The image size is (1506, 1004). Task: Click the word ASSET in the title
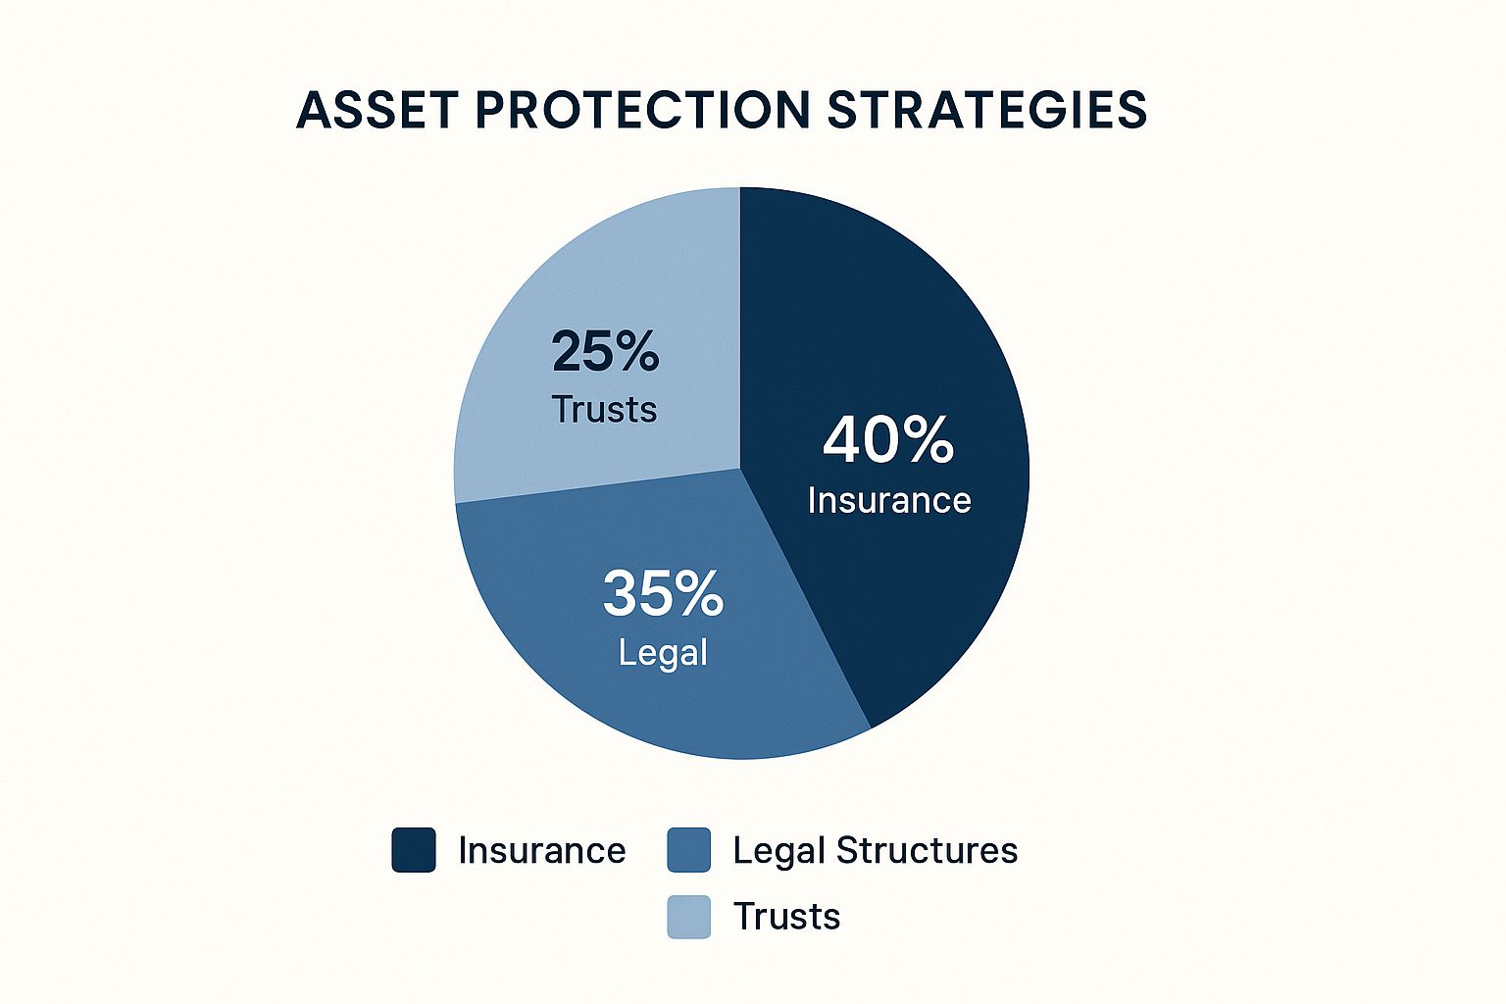[377, 110]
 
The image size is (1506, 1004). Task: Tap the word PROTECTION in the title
[642, 110]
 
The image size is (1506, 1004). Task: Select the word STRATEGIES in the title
[986, 110]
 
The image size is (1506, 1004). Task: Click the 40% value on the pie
[888, 440]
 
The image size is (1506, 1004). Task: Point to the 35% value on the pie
[663, 593]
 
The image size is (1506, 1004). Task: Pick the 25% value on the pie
[605, 351]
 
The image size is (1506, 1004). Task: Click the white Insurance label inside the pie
[889, 500]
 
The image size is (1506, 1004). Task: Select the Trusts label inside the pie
[604, 409]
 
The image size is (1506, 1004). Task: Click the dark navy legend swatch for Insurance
[414, 850]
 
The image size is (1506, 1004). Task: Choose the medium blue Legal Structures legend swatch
[688, 850]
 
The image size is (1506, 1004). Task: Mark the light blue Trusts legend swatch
[688, 917]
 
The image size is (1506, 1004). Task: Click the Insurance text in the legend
[542, 851]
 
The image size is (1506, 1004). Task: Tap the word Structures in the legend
[927, 850]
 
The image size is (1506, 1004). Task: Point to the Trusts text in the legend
[786, 916]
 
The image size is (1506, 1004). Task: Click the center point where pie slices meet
[740, 468]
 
